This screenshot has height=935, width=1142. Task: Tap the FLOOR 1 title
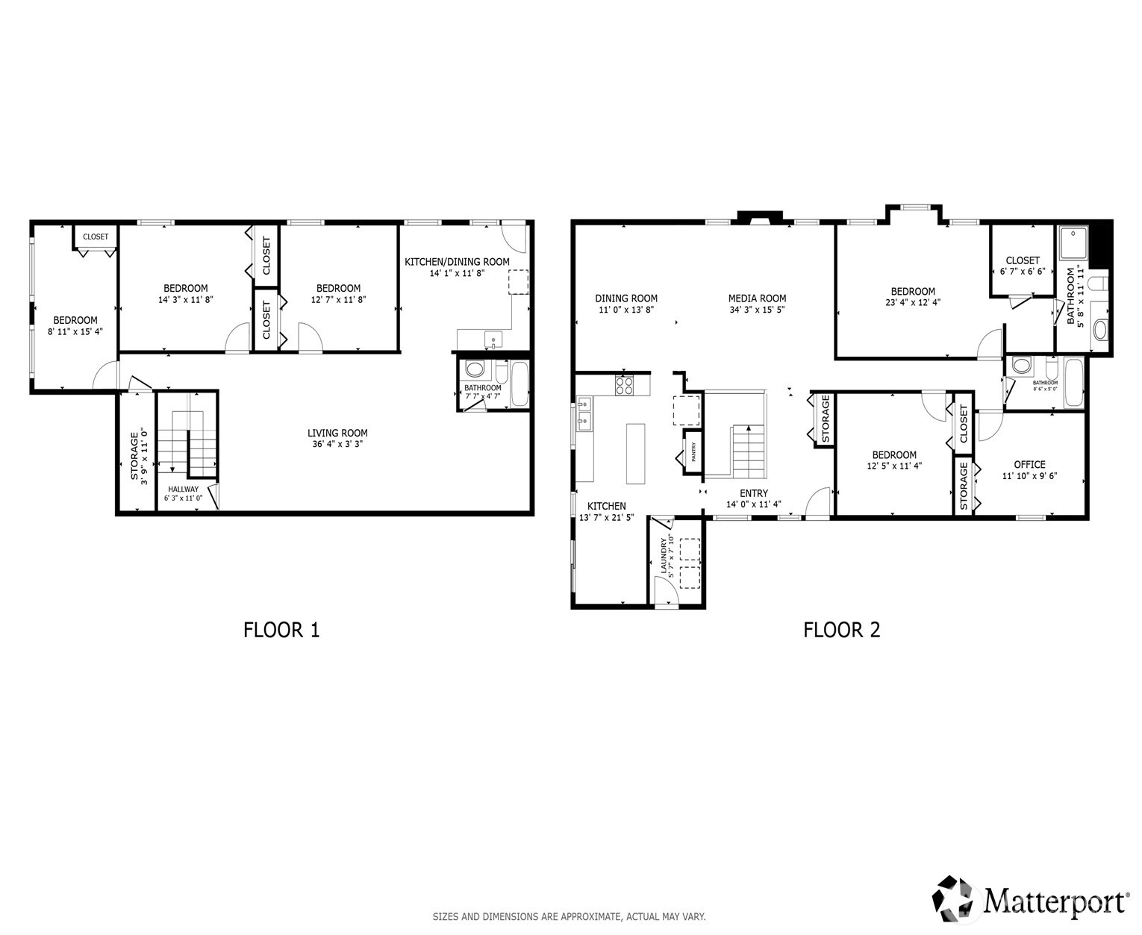(x=281, y=631)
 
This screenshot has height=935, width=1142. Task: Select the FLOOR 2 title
(x=841, y=631)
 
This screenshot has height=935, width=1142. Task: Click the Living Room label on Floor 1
(x=337, y=433)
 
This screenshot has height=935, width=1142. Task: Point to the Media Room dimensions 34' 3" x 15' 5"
(x=757, y=310)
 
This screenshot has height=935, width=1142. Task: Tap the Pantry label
(x=693, y=452)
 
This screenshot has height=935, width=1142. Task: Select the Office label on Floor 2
(x=1029, y=465)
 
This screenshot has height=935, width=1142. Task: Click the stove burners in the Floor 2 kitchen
(x=624, y=385)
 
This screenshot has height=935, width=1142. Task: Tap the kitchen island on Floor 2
(x=636, y=454)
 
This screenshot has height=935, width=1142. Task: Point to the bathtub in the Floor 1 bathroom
(x=519, y=384)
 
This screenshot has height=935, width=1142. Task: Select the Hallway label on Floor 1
(x=183, y=489)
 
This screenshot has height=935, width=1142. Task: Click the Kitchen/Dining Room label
(x=457, y=261)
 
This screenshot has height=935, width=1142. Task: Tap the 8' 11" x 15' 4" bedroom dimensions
(x=75, y=331)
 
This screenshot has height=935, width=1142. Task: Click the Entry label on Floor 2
(x=754, y=493)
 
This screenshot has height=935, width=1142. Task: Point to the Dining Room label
(x=626, y=298)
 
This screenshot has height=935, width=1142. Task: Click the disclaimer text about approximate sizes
(x=569, y=916)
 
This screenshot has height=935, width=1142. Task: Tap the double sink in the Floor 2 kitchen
(x=584, y=413)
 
